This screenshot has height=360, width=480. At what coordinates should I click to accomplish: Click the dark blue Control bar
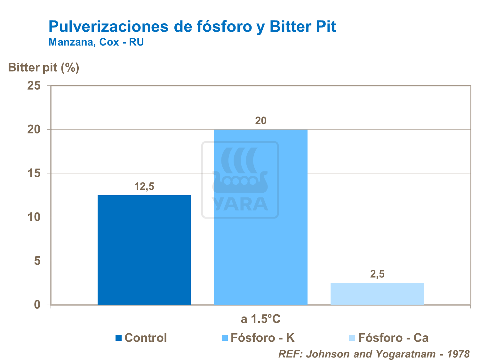pos(144,250)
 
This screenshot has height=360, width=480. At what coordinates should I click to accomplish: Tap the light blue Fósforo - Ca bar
pos(377,293)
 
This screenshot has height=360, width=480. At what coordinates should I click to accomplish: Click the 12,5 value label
pos(144,186)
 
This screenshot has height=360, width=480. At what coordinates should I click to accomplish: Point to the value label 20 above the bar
pos(260,121)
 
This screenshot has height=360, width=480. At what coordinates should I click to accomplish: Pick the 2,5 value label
pos(377,274)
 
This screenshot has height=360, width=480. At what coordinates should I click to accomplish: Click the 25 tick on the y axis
pos(34,86)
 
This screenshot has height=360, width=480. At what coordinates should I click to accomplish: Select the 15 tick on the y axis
pos(34,173)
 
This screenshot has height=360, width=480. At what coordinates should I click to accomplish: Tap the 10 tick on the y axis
pos(34,217)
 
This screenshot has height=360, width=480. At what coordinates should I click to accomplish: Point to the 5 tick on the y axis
pos(38,261)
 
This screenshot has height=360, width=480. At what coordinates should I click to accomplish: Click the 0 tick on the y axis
pos(37,305)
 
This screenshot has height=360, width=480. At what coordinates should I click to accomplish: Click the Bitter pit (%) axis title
pos(44,68)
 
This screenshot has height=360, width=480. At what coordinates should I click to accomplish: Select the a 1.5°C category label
pos(260,319)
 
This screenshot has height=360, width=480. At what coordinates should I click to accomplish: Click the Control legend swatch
pos(119,338)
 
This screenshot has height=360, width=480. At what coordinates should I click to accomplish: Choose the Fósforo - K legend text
pos(262,338)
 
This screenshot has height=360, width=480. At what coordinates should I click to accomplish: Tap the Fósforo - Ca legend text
pos(393,338)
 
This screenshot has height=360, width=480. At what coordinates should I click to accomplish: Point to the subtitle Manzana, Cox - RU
pos(96,42)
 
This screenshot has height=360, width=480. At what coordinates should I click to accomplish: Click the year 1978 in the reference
pos(458,354)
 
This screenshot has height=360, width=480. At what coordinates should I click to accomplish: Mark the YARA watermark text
pos(240,204)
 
